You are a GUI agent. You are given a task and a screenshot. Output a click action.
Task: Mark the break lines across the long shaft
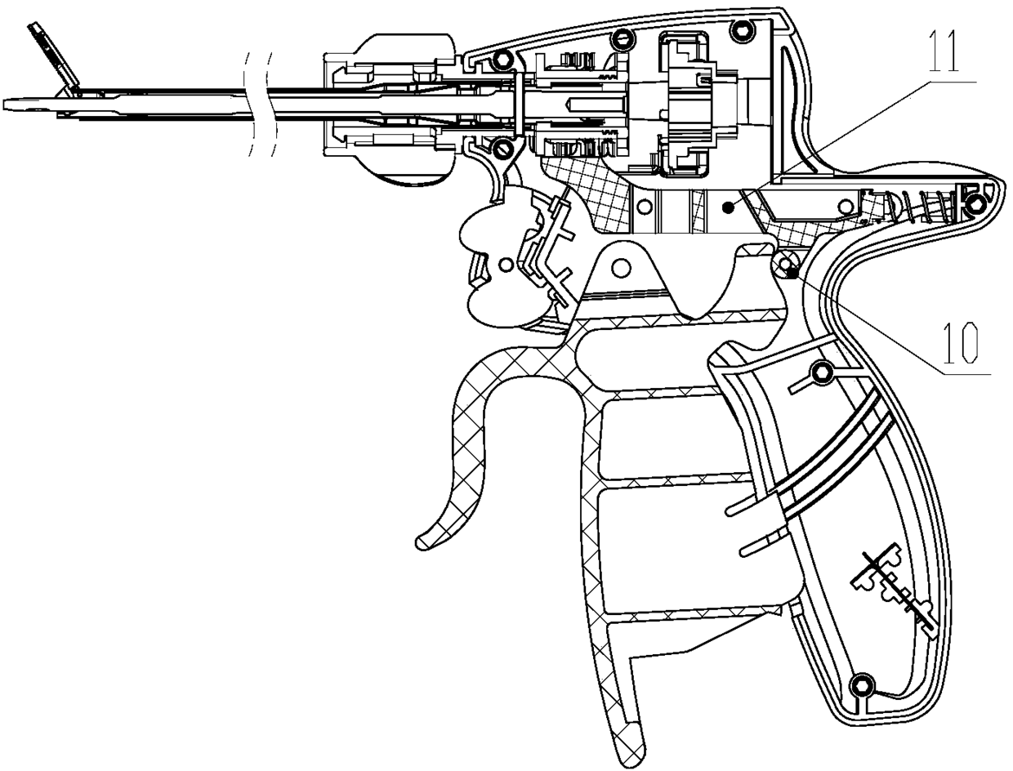pos(261,102)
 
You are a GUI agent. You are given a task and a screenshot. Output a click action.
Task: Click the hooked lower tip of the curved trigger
pos(425,540)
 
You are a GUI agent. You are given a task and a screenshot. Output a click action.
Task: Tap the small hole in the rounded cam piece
pos(504,264)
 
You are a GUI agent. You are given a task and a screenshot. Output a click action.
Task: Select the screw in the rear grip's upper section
pos(822,373)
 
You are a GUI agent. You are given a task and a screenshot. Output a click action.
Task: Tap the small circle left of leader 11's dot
pos(648,203)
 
